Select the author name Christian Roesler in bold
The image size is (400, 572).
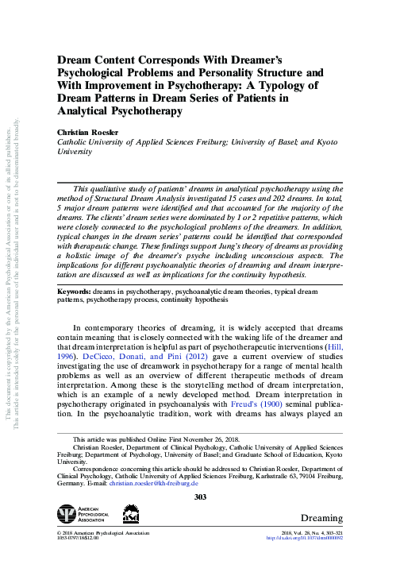(x=87, y=131)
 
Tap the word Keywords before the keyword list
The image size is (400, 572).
(x=79, y=292)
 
